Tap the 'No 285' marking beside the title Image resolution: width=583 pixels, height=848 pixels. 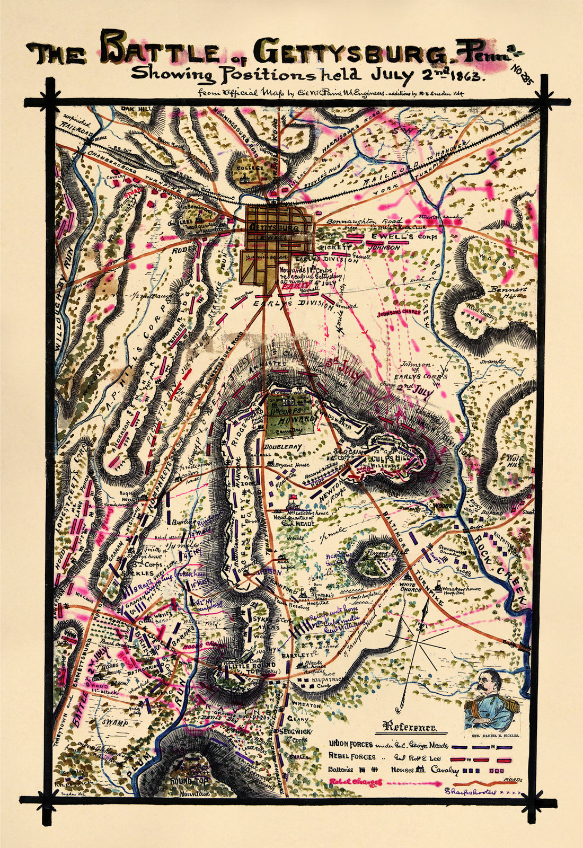[522, 73]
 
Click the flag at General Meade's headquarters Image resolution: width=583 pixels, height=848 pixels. [291, 497]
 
